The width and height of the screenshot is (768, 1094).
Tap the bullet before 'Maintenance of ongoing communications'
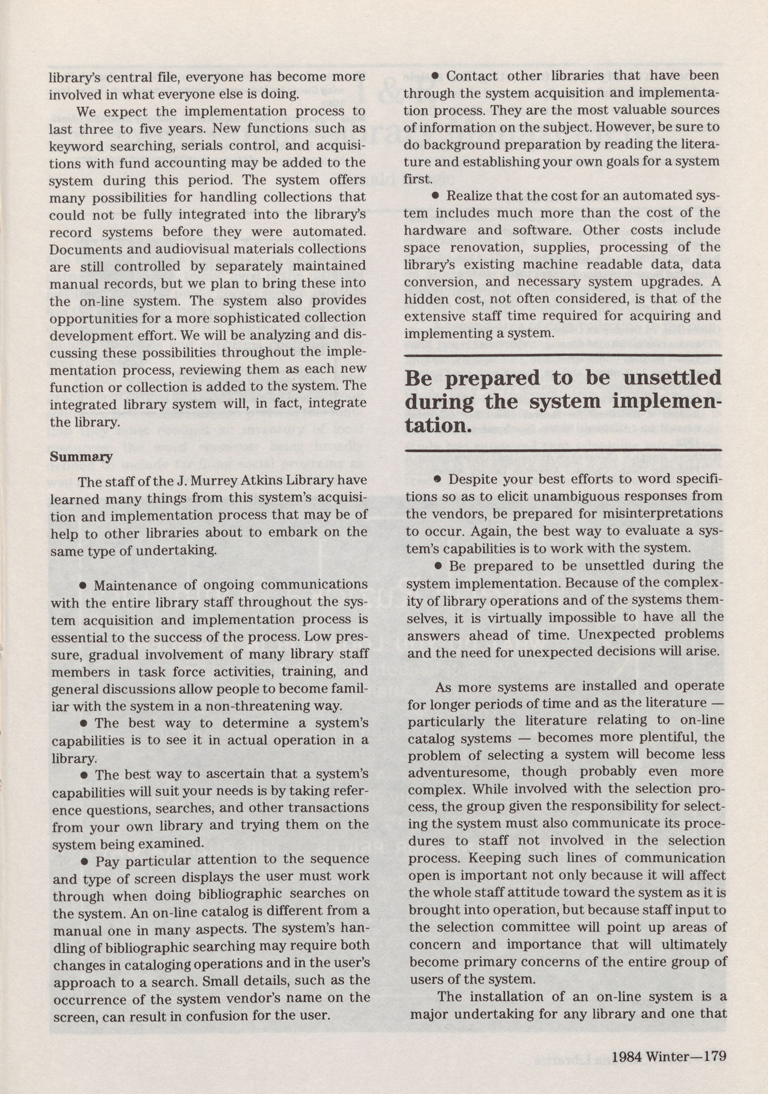click(83, 585)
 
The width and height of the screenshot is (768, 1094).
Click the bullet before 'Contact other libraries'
click(435, 76)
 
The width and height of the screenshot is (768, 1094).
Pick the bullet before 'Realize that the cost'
click(435, 196)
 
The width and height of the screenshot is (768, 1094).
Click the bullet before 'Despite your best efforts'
click(438, 479)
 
